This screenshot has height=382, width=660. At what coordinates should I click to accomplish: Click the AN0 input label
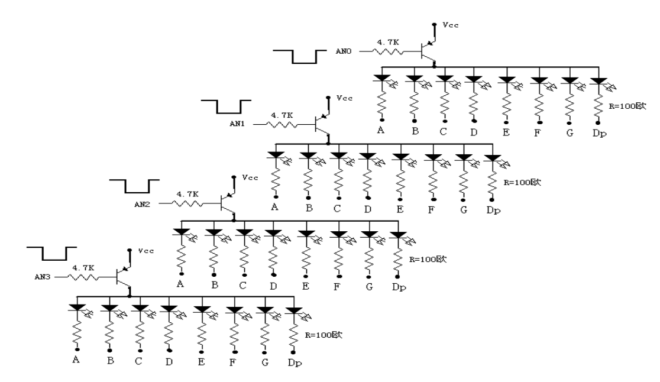click(x=344, y=51)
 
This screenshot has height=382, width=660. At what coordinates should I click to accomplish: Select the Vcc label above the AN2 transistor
click(x=249, y=177)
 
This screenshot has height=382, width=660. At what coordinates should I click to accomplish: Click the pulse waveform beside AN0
click(x=304, y=57)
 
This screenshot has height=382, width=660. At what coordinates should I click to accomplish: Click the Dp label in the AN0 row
click(x=598, y=133)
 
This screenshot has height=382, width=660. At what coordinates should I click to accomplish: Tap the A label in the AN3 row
click(x=76, y=359)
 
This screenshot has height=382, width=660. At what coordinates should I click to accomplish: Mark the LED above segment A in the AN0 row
click(x=382, y=78)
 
